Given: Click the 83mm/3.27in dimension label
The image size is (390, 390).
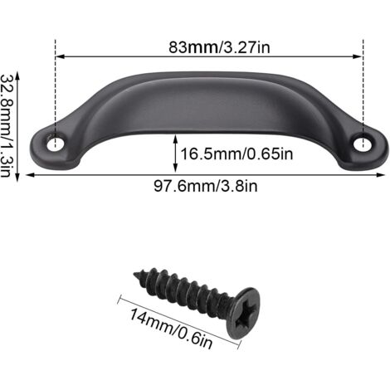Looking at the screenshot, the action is pos(219,47).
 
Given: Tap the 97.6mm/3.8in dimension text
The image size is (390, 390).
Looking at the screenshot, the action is pos(206,186).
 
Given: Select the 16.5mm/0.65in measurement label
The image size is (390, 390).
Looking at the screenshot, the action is pos(236,154).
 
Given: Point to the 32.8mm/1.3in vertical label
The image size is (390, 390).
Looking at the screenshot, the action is pos(6,126).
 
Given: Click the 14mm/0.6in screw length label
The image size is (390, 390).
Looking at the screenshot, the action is pos(172,329).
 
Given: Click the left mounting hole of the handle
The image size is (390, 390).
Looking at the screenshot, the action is pos(56,144).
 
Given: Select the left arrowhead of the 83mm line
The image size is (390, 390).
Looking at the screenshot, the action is pos(60,56).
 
